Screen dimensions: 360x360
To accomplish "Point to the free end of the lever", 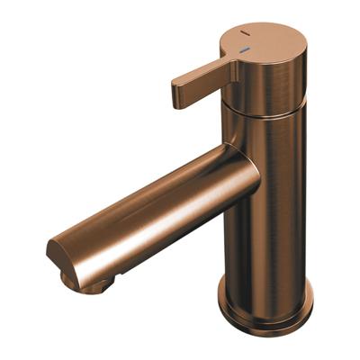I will pyautogui.click(x=178, y=94).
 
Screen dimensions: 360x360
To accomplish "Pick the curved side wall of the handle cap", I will pyautogui.click(x=270, y=81).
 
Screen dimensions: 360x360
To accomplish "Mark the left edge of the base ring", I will pyautogui.click(x=220, y=297).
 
